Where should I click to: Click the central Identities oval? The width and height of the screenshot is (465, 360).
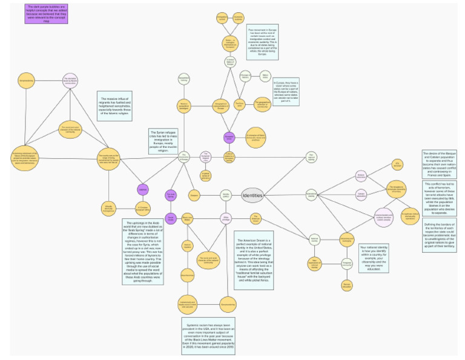pos(252,195)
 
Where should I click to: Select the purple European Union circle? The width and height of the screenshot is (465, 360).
pos(229,138)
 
